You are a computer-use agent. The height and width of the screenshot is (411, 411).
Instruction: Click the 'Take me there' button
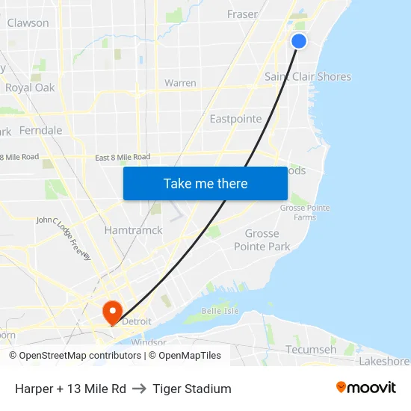coord(205,184)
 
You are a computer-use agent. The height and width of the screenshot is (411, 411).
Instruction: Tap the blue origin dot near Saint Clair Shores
coord(299,41)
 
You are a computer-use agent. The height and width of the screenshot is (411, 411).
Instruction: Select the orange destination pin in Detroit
coord(112,312)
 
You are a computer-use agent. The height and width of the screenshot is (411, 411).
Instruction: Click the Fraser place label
coord(242,14)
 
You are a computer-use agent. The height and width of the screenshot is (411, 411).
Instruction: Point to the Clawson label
coord(28,23)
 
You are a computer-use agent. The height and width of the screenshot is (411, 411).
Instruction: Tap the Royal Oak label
coord(30,87)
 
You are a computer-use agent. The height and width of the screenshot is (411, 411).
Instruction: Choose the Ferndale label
coord(40,130)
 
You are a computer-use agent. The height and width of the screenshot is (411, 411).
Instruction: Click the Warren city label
coord(180,83)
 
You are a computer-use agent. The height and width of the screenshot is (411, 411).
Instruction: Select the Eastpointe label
coord(235,119)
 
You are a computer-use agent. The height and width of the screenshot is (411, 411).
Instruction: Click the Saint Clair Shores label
coord(308,76)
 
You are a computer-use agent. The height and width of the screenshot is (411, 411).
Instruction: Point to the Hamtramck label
coord(133,230)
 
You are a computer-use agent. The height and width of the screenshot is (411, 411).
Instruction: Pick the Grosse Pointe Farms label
coord(303,212)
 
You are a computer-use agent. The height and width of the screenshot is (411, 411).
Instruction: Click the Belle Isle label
coord(220,311)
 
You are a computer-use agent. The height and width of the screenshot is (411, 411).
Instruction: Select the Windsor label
coord(148,342)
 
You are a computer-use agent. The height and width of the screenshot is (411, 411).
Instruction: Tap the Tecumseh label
coord(311,349)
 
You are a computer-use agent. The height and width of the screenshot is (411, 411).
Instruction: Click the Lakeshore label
coord(384,361)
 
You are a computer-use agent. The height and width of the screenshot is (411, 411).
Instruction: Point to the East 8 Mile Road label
coord(123,157)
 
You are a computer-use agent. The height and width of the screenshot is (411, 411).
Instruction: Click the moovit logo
coord(365,388)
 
